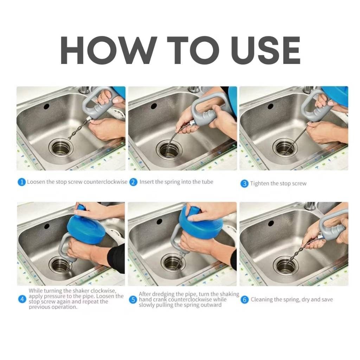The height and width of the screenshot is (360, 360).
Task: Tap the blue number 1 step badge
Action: click(x=22, y=182)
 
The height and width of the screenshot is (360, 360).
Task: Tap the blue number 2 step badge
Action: click(x=133, y=182)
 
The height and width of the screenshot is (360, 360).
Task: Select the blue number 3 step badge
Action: click(x=244, y=184)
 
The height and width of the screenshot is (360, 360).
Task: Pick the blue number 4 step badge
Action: click(x=22, y=300)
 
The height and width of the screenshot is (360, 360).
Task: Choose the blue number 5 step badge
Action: click(x=133, y=300)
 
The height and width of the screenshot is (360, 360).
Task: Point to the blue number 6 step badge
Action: click(x=244, y=300)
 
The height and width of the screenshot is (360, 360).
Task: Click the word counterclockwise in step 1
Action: click(x=106, y=182)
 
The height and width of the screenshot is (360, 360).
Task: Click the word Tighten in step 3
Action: click(x=259, y=184)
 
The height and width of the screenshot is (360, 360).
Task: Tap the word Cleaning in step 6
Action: click(x=262, y=300)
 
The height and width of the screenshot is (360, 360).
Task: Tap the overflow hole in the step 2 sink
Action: click(x=154, y=106)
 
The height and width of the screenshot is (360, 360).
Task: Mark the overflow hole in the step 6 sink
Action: click(x=271, y=223)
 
